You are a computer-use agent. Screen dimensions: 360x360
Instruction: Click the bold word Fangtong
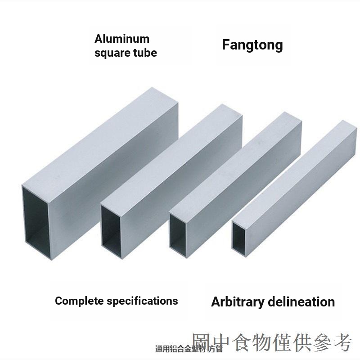click(x=252, y=45)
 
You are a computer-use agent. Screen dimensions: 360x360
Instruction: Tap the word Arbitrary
click(x=238, y=301)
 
